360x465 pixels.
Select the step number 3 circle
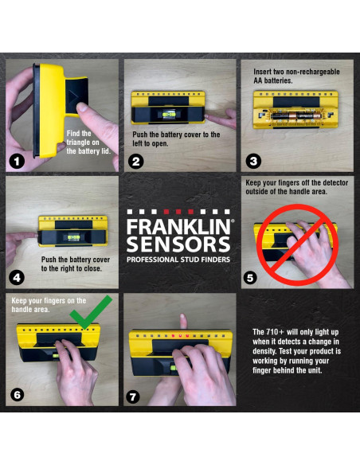click(253, 160)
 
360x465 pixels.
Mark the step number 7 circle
click(135, 395)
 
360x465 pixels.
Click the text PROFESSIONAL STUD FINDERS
click(179, 260)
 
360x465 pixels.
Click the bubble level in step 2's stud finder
click(169, 115)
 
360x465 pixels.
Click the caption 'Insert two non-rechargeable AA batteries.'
click(295, 76)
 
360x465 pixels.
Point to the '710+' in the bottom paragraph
click(277, 331)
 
